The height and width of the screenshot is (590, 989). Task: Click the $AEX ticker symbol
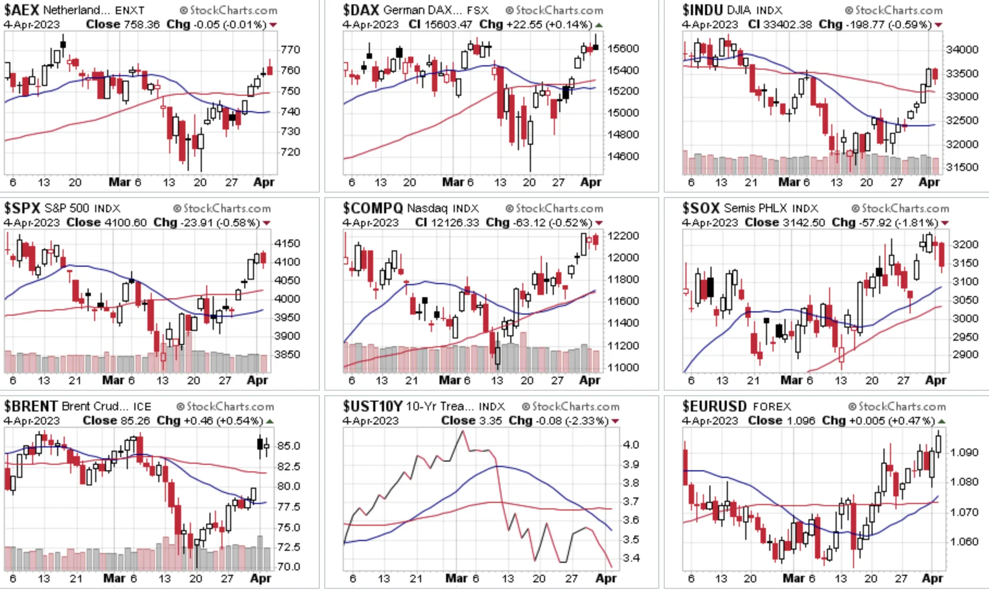coord(22,10)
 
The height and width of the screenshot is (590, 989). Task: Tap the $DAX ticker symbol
coord(361,10)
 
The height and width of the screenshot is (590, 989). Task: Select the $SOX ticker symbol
coord(701,208)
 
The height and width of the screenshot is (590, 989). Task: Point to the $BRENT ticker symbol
coord(31,406)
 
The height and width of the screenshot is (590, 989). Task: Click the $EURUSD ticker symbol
coord(715,406)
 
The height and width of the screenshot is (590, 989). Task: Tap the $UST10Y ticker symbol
coord(373,406)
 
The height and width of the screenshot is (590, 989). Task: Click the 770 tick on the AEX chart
coord(290,50)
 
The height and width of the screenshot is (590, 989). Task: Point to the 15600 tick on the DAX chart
coord(623,48)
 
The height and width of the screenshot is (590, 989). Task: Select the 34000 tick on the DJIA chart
coord(962,50)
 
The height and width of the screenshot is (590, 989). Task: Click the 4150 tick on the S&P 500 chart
coord(287,243)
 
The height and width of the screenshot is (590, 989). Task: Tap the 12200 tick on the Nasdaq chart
coord(623,236)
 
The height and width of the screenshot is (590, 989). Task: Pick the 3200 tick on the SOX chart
coord(966,244)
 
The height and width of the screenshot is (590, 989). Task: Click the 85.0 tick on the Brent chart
coord(288,446)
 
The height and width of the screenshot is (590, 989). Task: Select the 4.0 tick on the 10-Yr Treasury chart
coord(631,445)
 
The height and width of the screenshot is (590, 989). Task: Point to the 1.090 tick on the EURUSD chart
coord(964,452)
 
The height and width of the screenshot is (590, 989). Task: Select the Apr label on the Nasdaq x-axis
coord(590,380)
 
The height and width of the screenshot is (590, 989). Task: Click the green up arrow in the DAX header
coord(598,25)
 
